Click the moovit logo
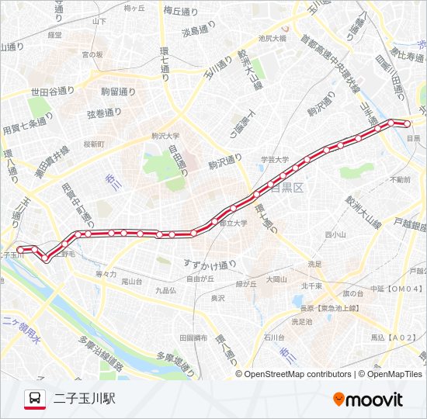[x=367, y=400]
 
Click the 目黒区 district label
[x=286, y=188]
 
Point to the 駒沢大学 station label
[x=165, y=135]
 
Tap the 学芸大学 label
[x=274, y=160]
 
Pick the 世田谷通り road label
[x=50, y=92]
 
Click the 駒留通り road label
[x=118, y=92]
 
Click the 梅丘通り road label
[x=182, y=11]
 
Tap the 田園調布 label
[x=193, y=338]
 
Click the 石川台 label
[x=275, y=338]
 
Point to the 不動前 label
[x=401, y=179]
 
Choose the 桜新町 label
[x=93, y=144]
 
